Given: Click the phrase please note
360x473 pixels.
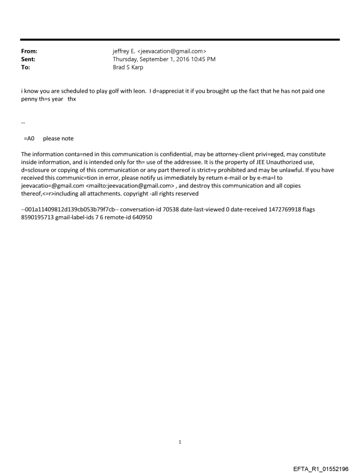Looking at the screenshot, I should pos(58,138).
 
